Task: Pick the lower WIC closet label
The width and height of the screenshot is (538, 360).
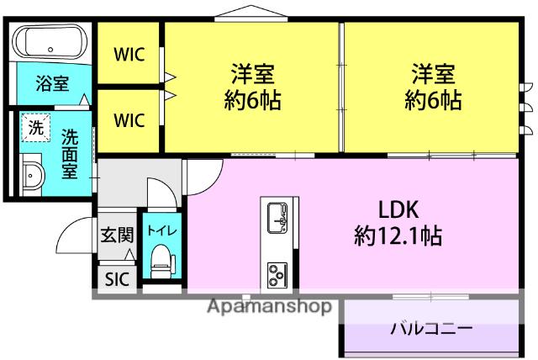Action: pyautogui.click(x=129, y=119)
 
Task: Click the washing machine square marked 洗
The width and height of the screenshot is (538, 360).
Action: pyautogui.click(x=35, y=128)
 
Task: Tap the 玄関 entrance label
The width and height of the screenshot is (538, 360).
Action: pyautogui.click(x=116, y=235)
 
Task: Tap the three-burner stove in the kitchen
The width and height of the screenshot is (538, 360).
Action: pyautogui.click(x=277, y=273)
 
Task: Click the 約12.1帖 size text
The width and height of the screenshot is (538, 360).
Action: pyautogui.click(x=397, y=235)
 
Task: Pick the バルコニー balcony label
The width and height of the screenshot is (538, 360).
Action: pyautogui.click(x=430, y=327)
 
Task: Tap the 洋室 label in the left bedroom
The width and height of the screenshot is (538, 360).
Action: pyautogui.click(x=251, y=73)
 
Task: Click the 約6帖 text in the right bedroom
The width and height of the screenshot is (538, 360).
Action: pyautogui.click(x=432, y=101)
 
